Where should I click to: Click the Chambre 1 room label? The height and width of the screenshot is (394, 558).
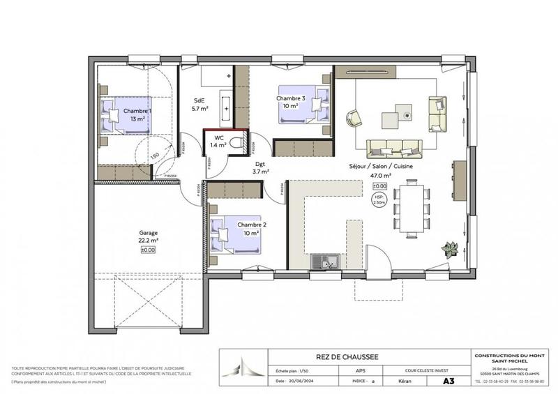[137, 114]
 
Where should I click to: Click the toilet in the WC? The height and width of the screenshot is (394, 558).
[238, 144]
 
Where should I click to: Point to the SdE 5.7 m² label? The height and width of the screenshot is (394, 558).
[201, 105]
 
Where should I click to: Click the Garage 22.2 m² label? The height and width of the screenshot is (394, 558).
[148, 237]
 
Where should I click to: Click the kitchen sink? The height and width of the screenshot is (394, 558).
[326, 262]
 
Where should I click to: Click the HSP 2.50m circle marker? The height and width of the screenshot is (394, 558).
[379, 201]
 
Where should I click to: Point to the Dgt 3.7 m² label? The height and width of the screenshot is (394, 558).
[260, 167]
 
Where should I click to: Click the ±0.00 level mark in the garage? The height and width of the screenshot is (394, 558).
[148, 250]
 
